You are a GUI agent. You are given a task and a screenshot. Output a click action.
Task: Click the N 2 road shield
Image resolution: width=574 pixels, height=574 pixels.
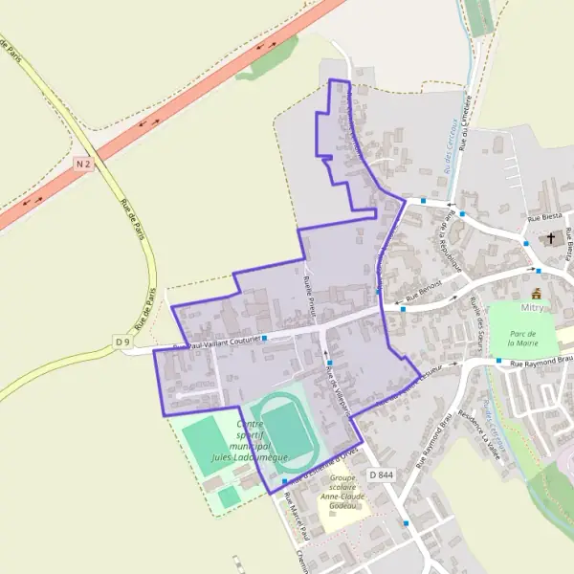pyautogui.click(x=83, y=164)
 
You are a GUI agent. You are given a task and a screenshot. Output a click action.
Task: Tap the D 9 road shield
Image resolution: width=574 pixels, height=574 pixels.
pyautogui.click(x=121, y=342)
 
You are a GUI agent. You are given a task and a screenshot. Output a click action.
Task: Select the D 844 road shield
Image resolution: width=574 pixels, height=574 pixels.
pyautogui.click(x=380, y=475)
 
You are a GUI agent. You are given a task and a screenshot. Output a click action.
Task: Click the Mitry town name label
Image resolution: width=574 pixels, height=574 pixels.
pyautogui.click(x=532, y=308)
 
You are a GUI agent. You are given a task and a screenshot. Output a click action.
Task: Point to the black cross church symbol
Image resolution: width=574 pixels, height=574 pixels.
pyautogui.click(x=551, y=239)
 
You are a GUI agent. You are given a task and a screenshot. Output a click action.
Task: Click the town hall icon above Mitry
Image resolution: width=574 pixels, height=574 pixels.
pyautogui.click(x=536, y=293)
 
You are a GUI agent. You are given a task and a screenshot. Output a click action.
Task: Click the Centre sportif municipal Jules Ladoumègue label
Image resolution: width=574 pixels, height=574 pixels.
pyautogui.click(x=249, y=441)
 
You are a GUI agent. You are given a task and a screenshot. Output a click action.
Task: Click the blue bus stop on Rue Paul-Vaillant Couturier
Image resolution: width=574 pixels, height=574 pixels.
pyautogui.click(x=261, y=337)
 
